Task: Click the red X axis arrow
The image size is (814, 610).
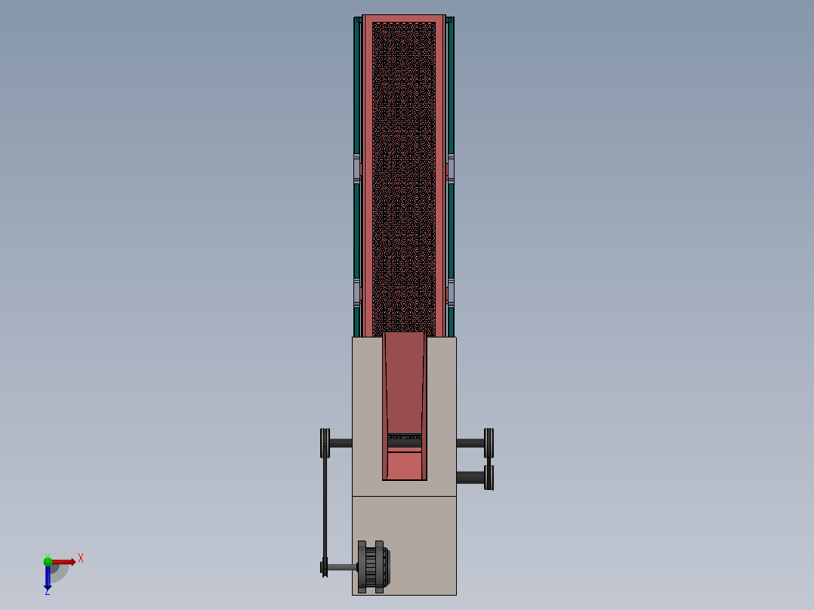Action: pyautogui.click(x=64, y=562)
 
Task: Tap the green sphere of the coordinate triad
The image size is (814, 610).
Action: pyautogui.click(x=48, y=560)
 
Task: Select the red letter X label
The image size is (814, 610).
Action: pyautogui.click(x=81, y=559)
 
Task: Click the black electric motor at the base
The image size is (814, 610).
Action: pyautogui.click(x=374, y=566)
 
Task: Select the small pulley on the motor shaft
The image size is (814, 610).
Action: pyautogui.click(x=325, y=567)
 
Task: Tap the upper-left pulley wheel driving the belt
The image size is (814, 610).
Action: pyautogui.click(x=325, y=443)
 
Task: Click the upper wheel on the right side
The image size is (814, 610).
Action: pyautogui.click(x=489, y=442)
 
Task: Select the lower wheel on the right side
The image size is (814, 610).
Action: pyautogui.click(x=489, y=477)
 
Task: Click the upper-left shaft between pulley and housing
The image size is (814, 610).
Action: pyautogui.click(x=341, y=443)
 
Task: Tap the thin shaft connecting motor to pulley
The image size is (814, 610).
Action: pyautogui.click(x=343, y=567)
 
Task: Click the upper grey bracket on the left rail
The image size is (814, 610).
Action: pyautogui.click(x=357, y=168)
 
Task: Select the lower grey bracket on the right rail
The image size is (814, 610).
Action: pyautogui.click(x=451, y=291)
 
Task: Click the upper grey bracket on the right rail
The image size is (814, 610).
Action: pyautogui.click(x=451, y=168)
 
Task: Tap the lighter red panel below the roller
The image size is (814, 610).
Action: pyautogui.click(x=404, y=464)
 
